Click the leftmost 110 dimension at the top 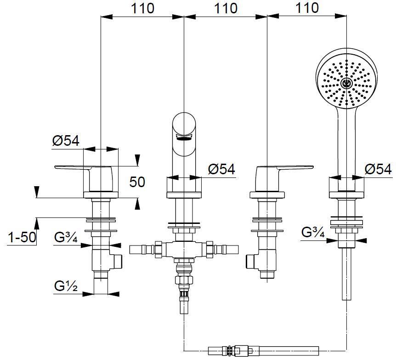[x=142, y=8]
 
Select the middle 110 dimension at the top [x=225, y=8]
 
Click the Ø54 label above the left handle [x=66, y=141]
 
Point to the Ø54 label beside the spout [x=221, y=169]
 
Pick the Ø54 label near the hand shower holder [x=378, y=169]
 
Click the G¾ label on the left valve [x=66, y=238]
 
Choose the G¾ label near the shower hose [x=313, y=232]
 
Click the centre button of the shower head [x=347, y=83]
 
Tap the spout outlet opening [x=184, y=136]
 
